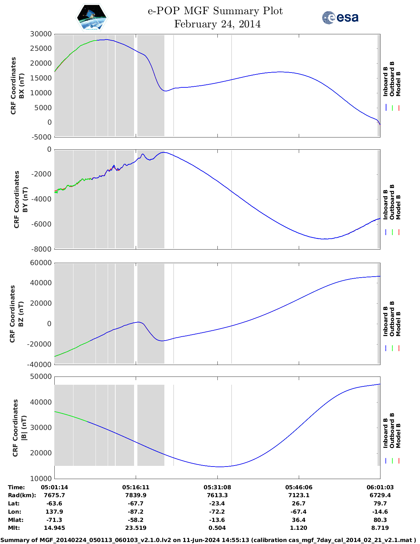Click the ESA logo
[340, 17]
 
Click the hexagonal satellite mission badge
[92, 17]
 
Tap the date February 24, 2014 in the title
[217, 24]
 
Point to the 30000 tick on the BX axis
[41, 34]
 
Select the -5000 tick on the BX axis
[42, 137]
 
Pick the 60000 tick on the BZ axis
[41, 263]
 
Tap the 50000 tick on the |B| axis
[41, 377]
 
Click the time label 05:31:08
[217, 487]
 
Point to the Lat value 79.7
[380, 503]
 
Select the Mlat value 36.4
[299, 520]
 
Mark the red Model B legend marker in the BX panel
[399, 108]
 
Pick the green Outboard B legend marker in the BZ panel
[392, 348]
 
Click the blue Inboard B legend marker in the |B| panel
[386, 461]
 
